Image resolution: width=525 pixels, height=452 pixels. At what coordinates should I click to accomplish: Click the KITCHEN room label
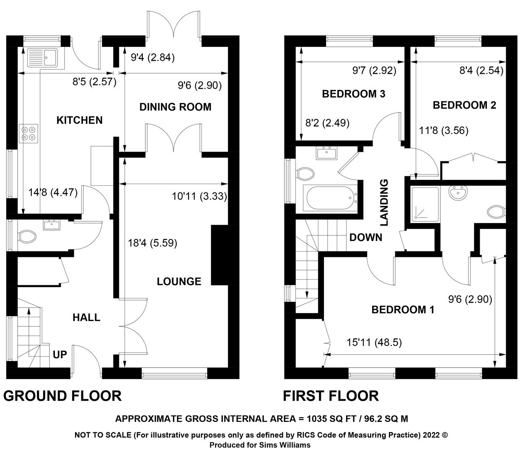(80, 120)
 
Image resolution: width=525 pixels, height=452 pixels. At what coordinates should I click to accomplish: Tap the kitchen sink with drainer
(42, 58)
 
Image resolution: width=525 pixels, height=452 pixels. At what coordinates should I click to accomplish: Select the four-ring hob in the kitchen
(28, 134)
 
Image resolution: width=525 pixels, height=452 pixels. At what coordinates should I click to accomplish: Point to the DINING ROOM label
(175, 107)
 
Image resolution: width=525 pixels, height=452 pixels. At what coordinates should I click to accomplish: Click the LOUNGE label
(179, 281)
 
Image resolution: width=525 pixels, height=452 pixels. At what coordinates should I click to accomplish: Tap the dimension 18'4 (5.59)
(153, 243)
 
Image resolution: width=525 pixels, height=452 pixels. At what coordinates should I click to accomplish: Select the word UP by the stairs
(60, 354)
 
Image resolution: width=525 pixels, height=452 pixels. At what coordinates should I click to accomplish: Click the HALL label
(86, 317)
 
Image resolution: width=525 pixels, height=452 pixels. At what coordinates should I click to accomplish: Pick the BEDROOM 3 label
(354, 94)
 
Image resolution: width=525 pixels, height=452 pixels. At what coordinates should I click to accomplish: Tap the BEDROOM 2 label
(464, 105)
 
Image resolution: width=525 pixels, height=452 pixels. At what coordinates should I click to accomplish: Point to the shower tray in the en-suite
(425, 204)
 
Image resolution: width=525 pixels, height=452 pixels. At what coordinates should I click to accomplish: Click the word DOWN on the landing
(366, 237)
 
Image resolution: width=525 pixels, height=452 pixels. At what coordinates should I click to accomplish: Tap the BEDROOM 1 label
(403, 309)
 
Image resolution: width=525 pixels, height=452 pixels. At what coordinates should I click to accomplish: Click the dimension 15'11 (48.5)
(374, 342)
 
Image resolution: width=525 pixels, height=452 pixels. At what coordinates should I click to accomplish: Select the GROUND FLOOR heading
(62, 395)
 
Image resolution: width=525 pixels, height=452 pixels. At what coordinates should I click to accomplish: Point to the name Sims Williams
(285, 445)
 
